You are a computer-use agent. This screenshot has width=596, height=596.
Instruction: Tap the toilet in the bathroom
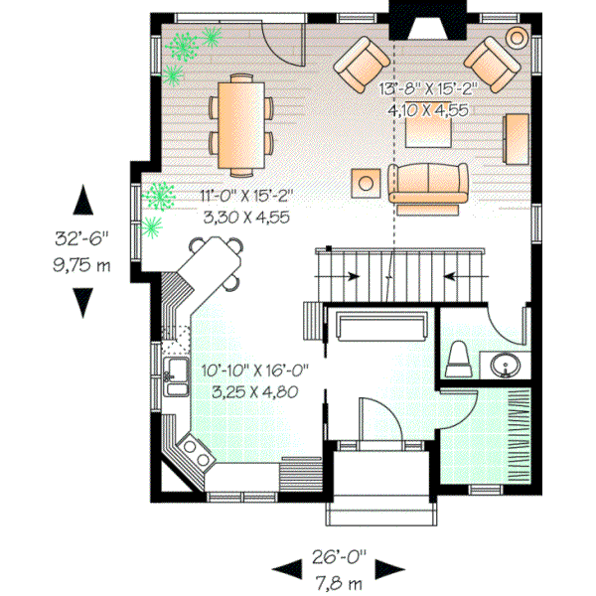pyautogui.click(x=458, y=359)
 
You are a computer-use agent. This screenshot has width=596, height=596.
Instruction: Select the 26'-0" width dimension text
pyautogui.click(x=338, y=557)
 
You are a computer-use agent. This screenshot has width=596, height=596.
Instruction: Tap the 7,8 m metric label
pyautogui.click(x=338, y=579)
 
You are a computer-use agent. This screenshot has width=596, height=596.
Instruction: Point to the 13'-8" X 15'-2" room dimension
pyautogui.click(x=428, y=87)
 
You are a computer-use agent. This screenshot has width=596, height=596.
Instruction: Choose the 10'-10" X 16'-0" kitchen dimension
pyautogui.click(x=254, y=370)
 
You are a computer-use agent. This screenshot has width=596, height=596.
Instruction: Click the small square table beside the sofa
pyautogui.click(x=367, y=182)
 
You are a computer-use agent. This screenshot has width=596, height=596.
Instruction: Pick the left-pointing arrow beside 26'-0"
pyautogui.click(x=287, y=568)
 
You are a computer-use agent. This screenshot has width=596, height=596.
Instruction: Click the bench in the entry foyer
pyautogui.click(x=382, y=325)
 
